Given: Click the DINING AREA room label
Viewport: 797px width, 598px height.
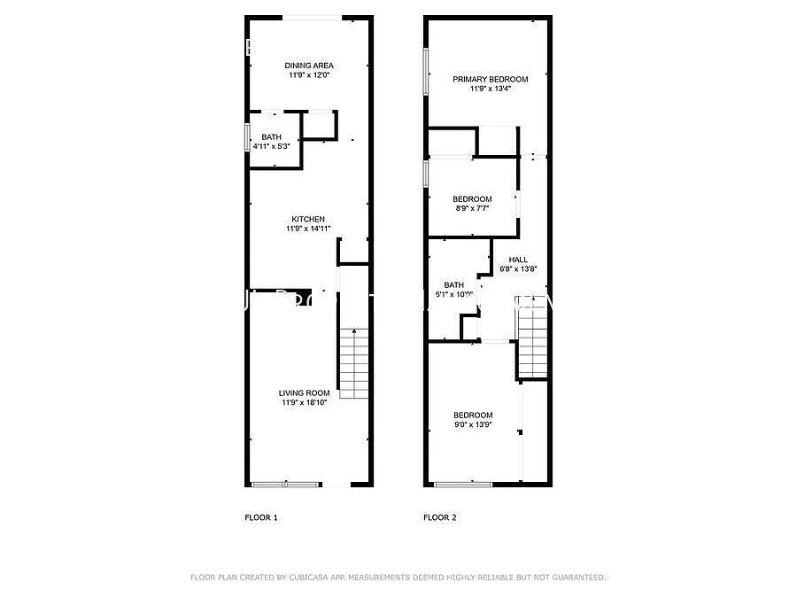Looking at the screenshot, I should (x=308, y=66).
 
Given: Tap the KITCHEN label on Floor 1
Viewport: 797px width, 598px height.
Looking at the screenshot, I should (x=308, y=219).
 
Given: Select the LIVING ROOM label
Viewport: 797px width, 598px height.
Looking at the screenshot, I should (x=305, y=393).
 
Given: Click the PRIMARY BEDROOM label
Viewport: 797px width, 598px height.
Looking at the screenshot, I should (x=490, y=80).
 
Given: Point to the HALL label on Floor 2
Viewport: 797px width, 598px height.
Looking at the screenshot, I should (x=518, y=260).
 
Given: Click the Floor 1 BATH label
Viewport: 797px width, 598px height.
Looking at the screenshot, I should (x=271, y=136).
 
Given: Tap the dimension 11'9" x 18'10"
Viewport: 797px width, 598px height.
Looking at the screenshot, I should (x=305, y=403).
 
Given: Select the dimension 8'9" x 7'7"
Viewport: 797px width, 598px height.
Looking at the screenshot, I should (x=471, y=208).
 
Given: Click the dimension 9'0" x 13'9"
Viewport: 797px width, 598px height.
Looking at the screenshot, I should (x=473, y=424).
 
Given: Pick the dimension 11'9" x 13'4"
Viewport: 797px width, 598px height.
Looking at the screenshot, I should (x=490, y=89).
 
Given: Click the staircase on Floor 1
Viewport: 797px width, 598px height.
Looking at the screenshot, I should (x=354, y=363).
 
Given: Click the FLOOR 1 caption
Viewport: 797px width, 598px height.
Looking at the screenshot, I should (x=261, y=517).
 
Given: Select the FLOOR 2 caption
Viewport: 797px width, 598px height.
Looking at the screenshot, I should (x=440, y=517).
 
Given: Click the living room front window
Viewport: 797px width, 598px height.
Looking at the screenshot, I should (x=286, y=484).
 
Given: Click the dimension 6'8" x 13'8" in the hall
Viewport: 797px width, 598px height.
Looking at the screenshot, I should (x=519, y=268).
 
